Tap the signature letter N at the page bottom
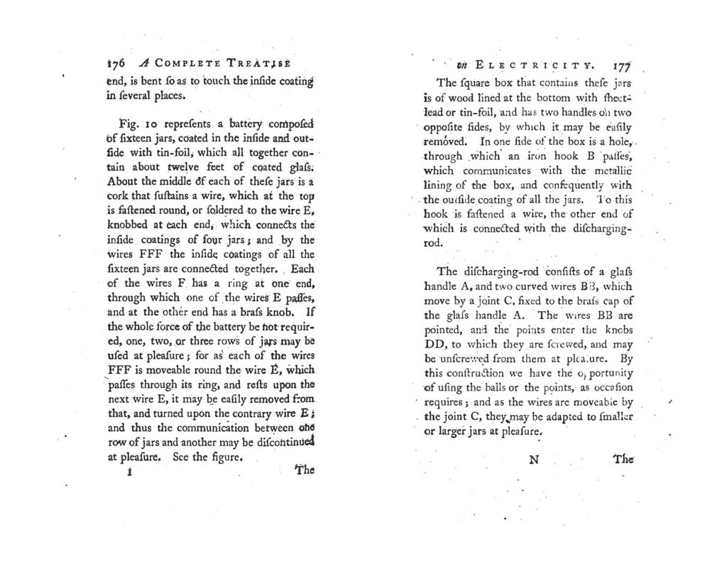click(535, 459)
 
